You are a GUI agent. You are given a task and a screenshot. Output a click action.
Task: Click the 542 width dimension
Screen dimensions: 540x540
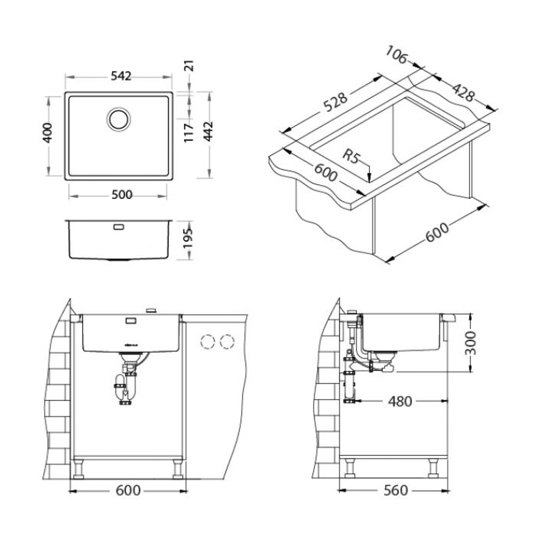tap(121, 76)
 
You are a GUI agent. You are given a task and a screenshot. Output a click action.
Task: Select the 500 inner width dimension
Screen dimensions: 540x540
tap(122, 195)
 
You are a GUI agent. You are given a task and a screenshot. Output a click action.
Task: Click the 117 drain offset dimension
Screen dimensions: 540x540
tap(188, 133)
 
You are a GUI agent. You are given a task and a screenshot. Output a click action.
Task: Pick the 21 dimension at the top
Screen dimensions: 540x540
tap(190, 66)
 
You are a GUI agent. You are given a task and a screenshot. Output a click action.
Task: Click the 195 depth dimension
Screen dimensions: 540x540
tap(187, 238)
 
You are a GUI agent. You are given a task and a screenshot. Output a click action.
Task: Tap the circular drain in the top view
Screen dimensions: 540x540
tap(118, 119)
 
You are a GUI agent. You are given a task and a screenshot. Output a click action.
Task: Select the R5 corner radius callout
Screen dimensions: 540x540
tap(351, 157)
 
